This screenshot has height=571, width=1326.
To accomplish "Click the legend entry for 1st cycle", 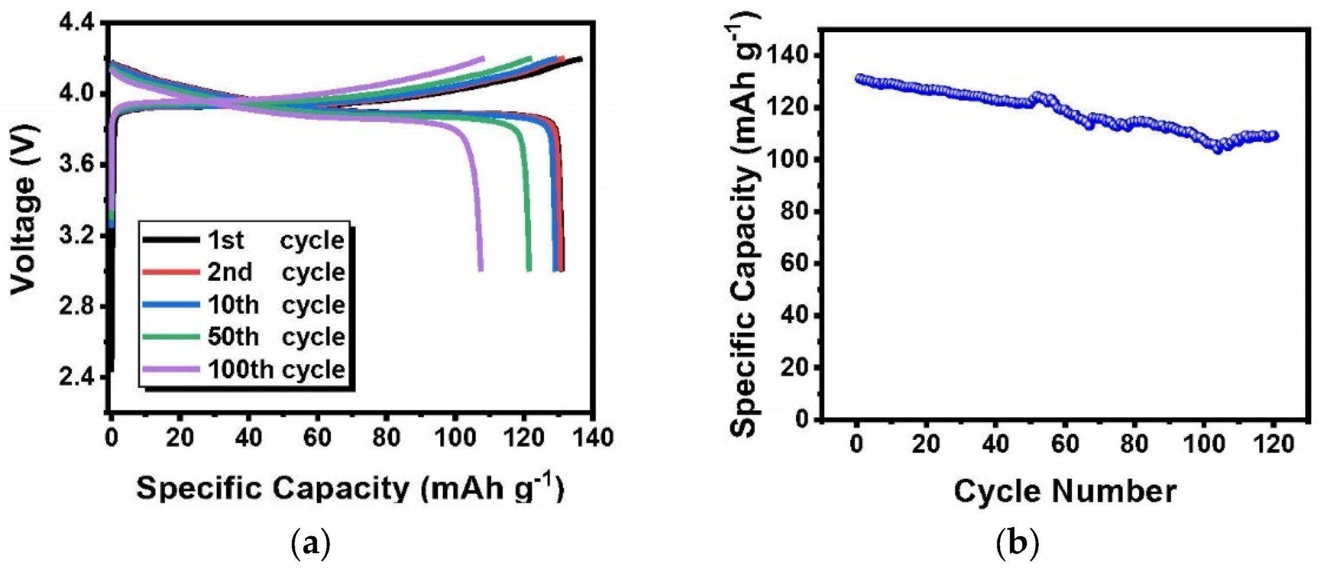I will pos(244,240).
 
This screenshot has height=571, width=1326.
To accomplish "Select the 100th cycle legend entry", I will pos(244,370).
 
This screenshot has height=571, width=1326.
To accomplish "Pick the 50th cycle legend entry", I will pos(244,337).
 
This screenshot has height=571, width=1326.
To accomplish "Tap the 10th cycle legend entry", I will pos(244,305).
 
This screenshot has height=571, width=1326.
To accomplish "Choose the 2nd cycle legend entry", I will pos(244,272).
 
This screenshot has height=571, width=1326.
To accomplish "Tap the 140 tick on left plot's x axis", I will pos(592,438).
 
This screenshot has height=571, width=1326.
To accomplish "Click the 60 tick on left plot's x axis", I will pos(317,438).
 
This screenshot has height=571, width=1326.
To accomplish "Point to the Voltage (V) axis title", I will pos(24,209).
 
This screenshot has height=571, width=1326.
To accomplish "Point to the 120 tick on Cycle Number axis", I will pos(1273,444).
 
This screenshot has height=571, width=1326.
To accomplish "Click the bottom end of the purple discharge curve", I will pos(481,269).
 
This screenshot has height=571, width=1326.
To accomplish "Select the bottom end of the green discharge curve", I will pos(529,269).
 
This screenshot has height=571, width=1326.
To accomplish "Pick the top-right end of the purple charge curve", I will pos(482,58).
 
